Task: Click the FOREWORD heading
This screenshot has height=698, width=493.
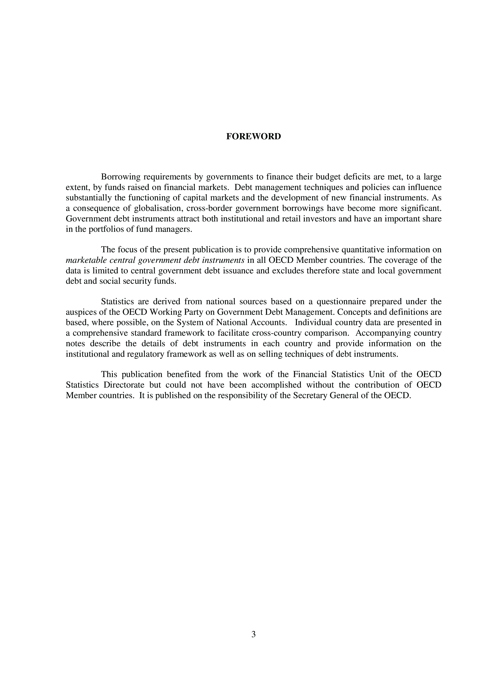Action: click(x=253, y=136)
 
